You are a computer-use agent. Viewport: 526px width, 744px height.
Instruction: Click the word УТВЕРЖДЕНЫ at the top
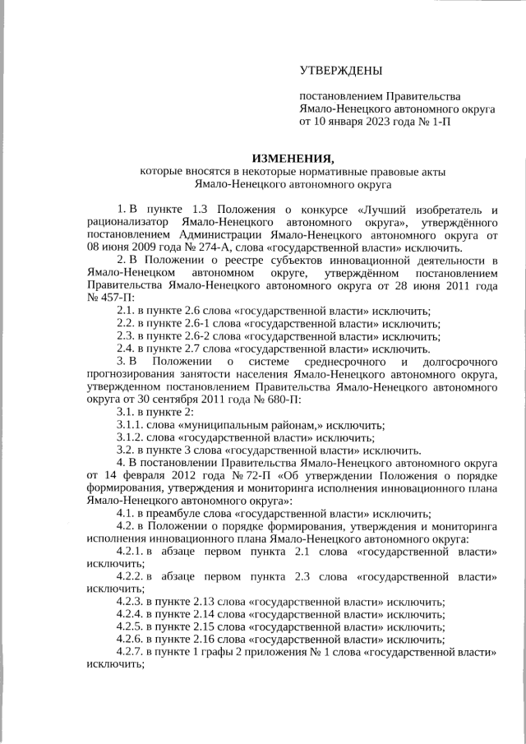(x=341, y=74)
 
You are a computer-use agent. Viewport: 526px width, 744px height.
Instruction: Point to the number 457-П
(x=108, y=297)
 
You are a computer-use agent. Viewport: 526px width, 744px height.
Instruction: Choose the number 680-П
(x=279, y=400)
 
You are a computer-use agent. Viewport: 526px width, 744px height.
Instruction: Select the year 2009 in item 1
(x=142, y=247)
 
